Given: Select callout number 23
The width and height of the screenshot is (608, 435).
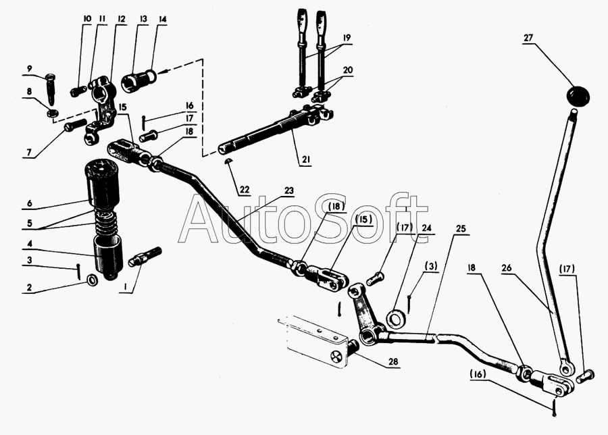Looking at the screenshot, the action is click(289, 190).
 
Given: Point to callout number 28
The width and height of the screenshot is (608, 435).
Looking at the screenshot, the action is click(392, 362).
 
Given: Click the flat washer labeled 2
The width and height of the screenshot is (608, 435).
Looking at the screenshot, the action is click(92, 280).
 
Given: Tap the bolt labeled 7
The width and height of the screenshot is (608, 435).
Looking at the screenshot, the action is click(74, 126).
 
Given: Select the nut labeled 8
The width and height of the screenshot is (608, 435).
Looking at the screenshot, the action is click(52, 111).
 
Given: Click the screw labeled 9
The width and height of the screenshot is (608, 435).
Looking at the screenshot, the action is click(50, 88).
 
